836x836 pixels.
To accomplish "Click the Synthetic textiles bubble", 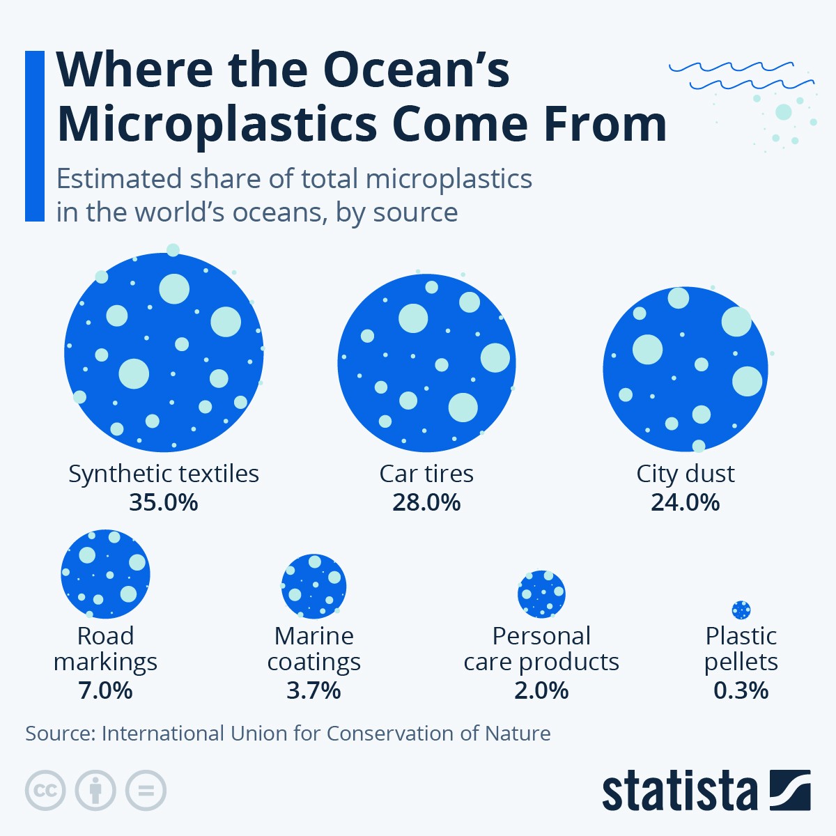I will [164, 353].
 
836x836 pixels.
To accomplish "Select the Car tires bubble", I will [426, 363].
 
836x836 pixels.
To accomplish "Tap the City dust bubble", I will [686, 369].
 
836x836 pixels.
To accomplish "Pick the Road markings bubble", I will [105, 573].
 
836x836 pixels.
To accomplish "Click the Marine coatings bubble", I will [313, 586].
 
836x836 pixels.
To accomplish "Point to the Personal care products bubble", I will [541, 594].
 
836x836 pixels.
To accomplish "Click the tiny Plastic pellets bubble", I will [741, 610].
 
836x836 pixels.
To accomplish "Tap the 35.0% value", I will [164, 502].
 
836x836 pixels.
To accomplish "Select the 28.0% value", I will [426, 502].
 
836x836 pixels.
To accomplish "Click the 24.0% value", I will [686, 502].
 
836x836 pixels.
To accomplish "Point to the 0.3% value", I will [741, 690].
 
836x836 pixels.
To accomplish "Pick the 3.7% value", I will [313, 690].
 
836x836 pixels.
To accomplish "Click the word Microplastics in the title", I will [216, 124].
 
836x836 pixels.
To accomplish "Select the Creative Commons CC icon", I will [45, 791].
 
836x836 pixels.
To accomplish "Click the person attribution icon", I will [95, 791].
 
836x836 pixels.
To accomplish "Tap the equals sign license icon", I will [146, 791].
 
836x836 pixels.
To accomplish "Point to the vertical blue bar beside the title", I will [35, 136].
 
